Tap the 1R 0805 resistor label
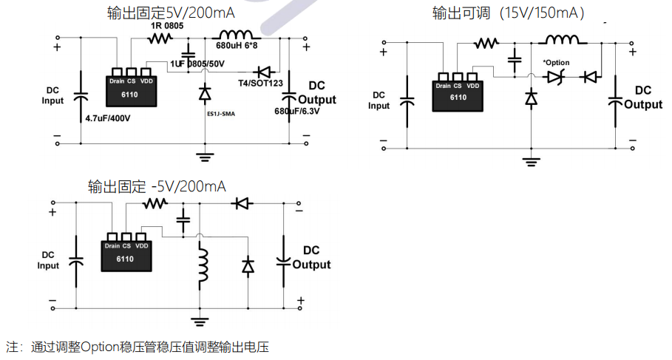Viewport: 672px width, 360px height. pos(167,26)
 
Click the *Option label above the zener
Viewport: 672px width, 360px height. pos(556,62)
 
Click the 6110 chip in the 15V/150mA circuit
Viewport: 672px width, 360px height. pos(458,92)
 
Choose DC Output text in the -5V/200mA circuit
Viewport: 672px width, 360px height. pos(311,257)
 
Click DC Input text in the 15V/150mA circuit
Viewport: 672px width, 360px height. pos(379,101)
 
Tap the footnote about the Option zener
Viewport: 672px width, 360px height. pos(137,346)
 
